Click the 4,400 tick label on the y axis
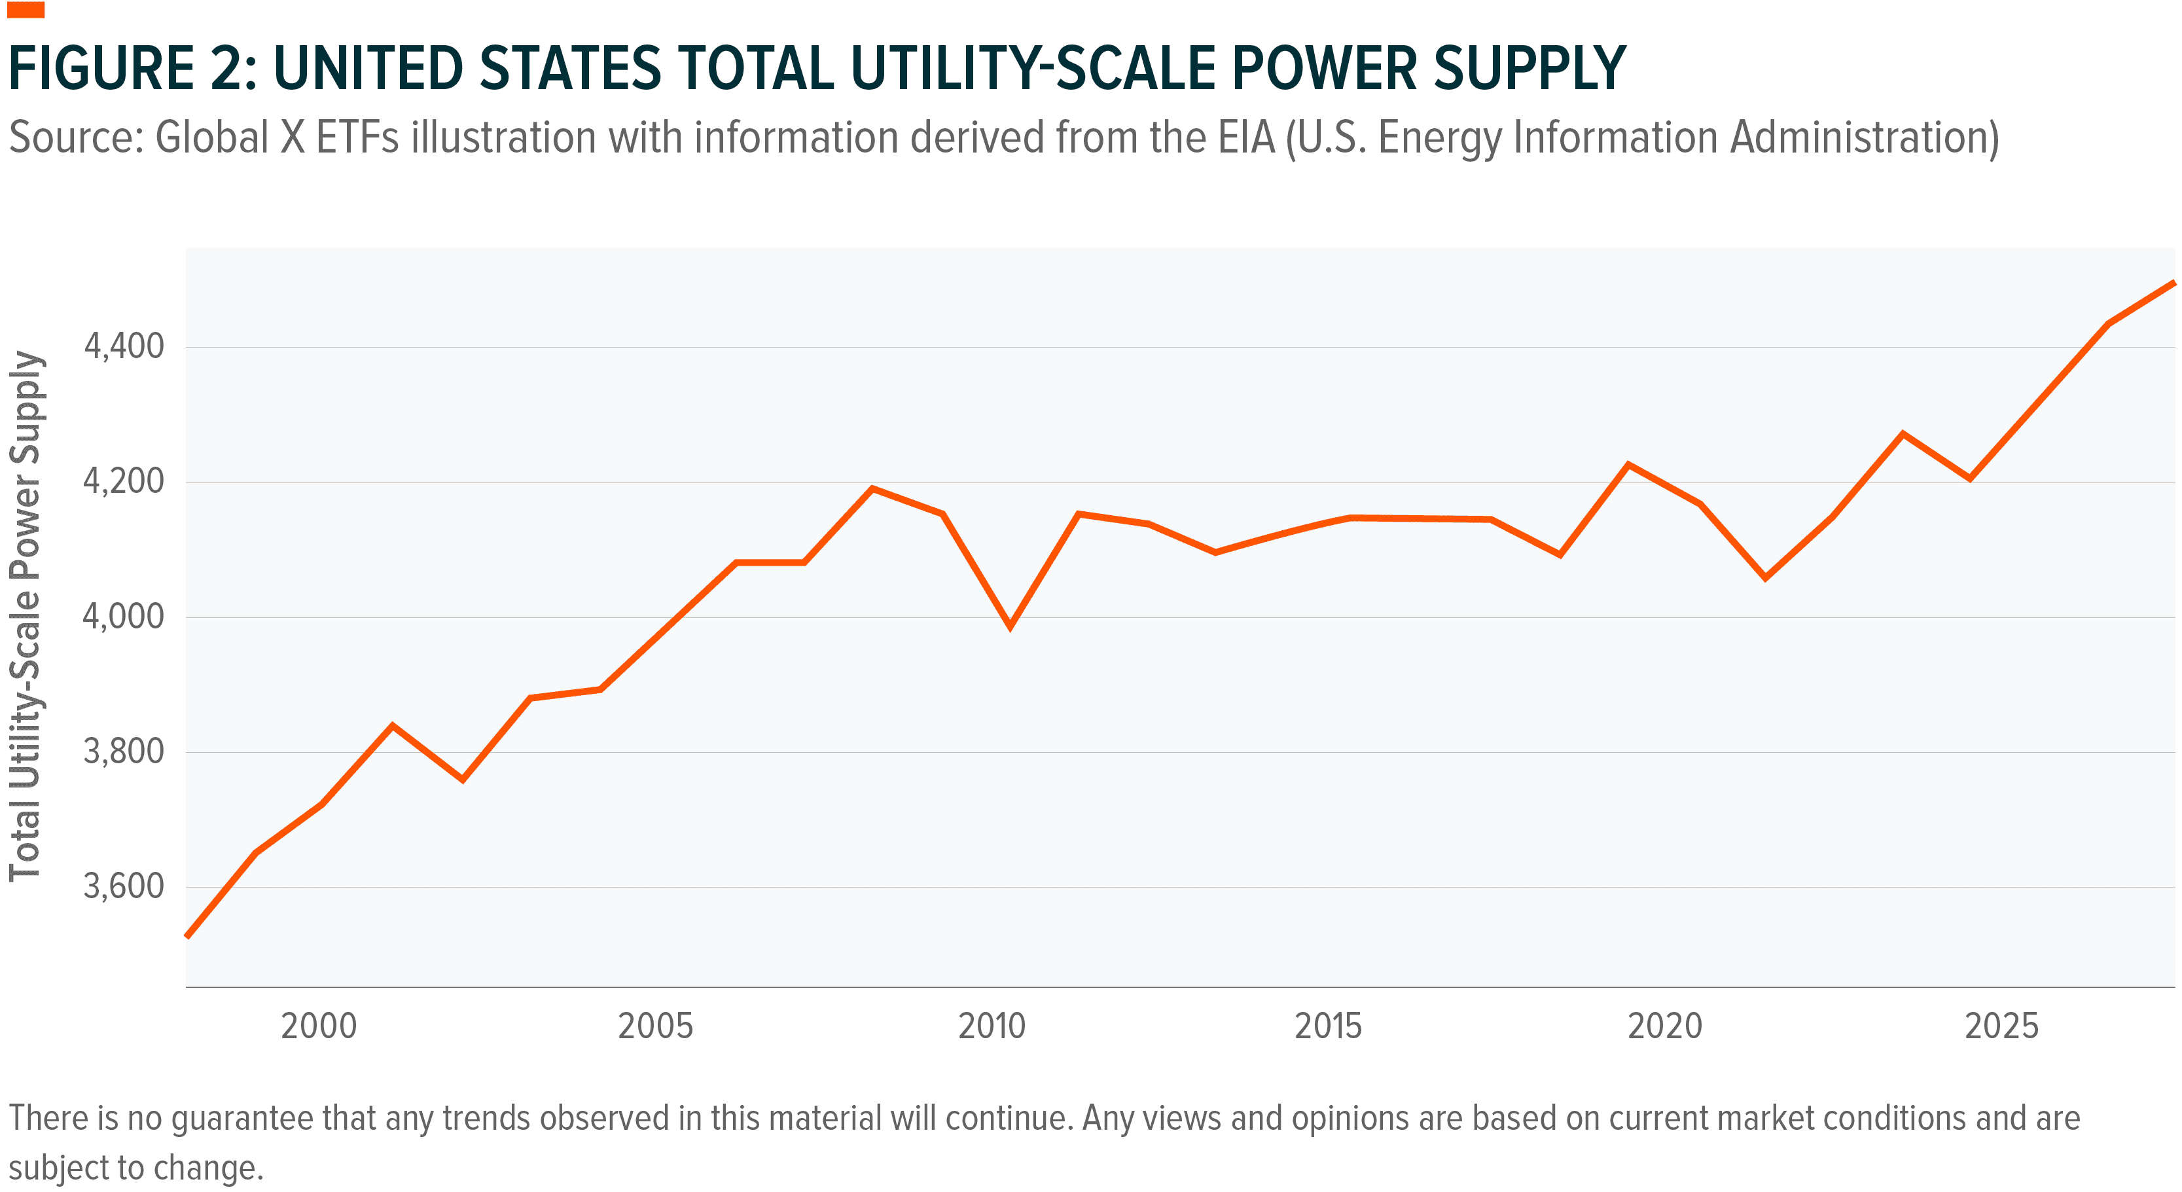123,346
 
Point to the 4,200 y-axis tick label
123,481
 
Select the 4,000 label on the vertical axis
123,616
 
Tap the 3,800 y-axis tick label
123,751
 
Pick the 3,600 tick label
123,886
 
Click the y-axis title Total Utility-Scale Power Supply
26,616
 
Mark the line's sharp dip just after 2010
1010,626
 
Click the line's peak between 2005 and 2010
872,489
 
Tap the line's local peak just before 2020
1628,464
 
